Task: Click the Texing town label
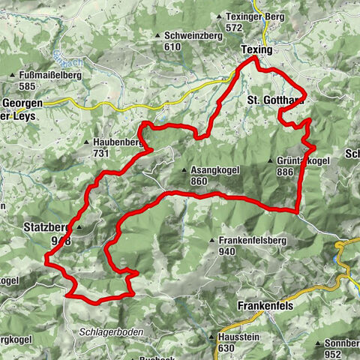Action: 257,49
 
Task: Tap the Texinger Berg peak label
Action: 249,16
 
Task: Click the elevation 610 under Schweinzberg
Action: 173,46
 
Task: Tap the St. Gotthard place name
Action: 276,99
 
